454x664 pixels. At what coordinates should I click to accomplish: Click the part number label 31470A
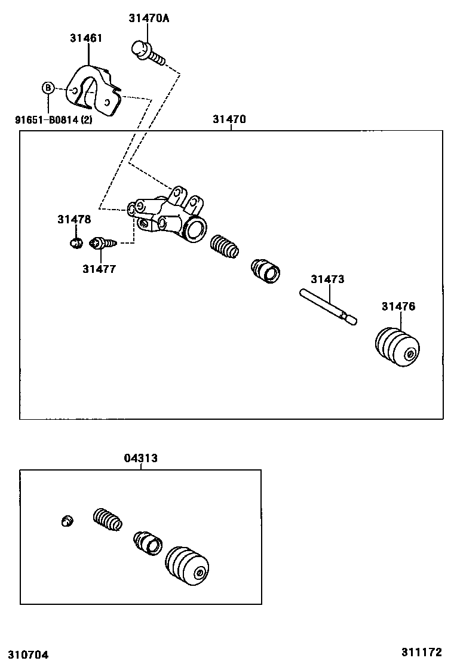(149, 19)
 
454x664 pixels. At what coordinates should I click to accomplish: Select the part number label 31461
(86, 38)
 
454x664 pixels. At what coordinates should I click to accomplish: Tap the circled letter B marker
(48, 88)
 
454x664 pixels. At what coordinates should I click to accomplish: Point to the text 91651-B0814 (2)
(54, 119)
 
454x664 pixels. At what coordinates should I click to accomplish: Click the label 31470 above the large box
(229, 119)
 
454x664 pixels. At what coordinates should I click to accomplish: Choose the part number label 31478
(74, 220)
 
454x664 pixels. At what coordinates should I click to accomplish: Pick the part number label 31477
(99, 269)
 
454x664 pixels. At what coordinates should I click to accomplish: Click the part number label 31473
(327, 279)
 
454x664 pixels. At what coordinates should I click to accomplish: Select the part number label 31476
(398, 307)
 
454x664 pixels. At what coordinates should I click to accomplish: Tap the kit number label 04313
(141, 459)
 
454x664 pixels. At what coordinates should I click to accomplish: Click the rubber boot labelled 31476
(397, 347)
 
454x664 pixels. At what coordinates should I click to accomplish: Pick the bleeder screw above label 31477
(102, 243)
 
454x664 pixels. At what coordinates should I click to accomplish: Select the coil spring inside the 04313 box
(108, 518)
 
